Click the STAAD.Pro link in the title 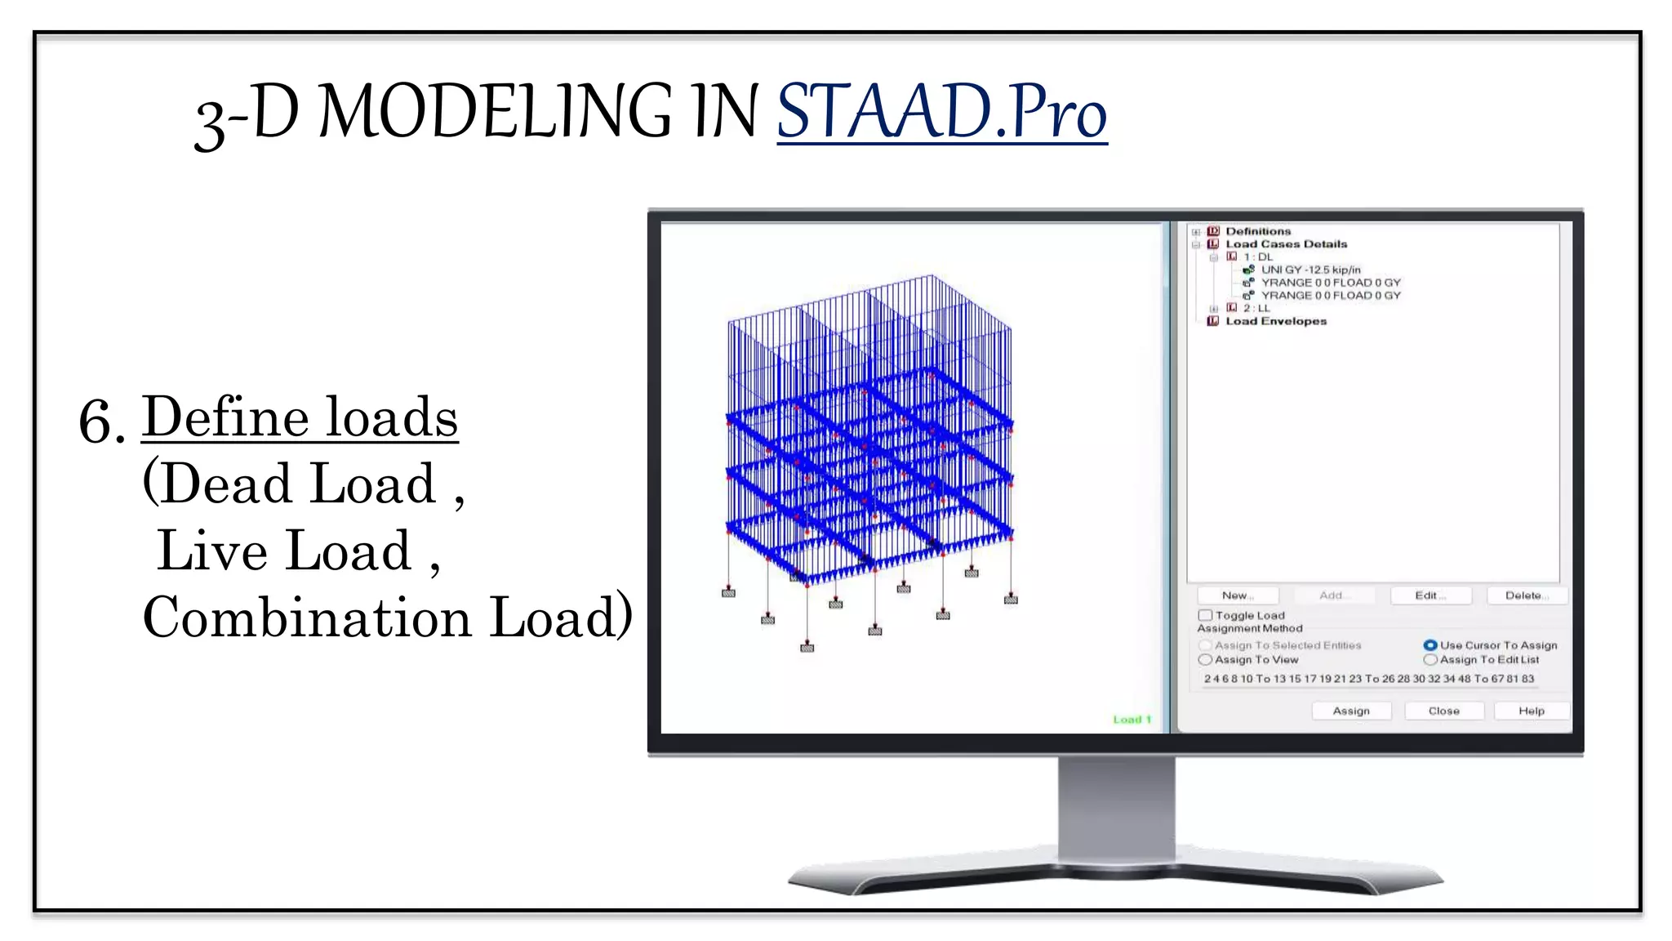[941, 113]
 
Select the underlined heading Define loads [300, 418]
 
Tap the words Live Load [285, 551]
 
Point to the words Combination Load [385, 618]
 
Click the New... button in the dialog [1238, 595]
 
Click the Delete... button [1526, 595]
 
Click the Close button [1443, 711]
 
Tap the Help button [1531, 711]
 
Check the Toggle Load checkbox [1205, 615]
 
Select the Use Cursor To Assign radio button [1430, 645]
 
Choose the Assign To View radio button [1205, 660]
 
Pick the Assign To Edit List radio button [1430, 660]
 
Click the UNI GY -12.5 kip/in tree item [1310, 270]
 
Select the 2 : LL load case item [1256, 308]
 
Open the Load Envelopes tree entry [1275, 321]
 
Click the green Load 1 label [1132, 720]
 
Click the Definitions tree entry [1258, 231]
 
